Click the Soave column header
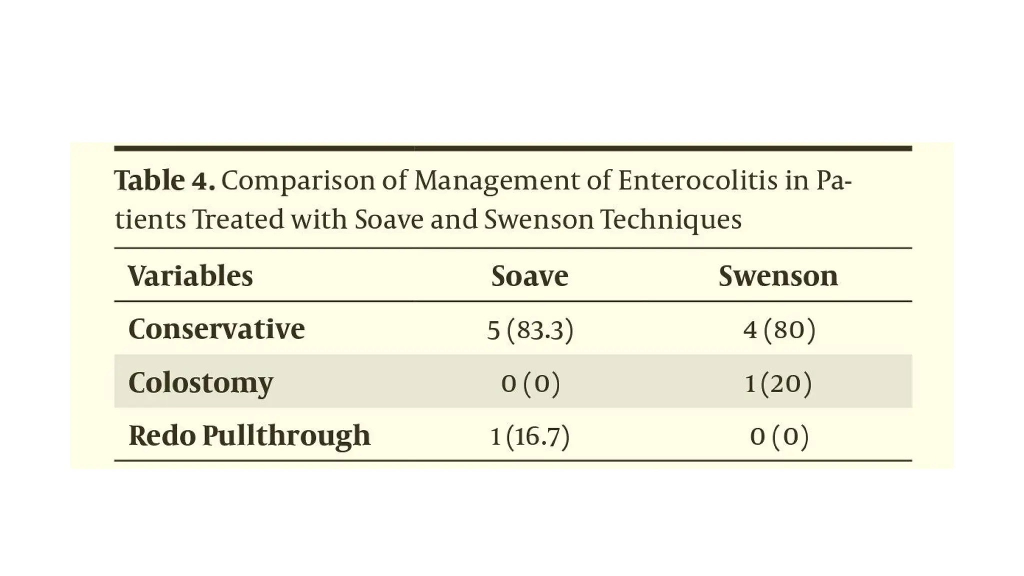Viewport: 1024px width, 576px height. (x=529, y=276)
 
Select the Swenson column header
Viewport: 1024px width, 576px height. (x=778, y=276)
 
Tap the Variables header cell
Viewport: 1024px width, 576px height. (x=190, y=276)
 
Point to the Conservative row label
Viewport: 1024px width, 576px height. (x=216, y=329)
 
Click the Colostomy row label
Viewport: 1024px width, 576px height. (x=200, y=382)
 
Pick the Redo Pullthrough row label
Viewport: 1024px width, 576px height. (x=249, y=435)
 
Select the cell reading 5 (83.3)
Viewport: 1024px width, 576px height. (x=530, y=330)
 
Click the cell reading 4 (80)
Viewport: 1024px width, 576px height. (x=779, y=330)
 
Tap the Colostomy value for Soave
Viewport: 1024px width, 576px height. (x=530, y=383)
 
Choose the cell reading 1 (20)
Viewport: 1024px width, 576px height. (x=778, y=383)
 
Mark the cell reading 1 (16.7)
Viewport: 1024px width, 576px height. (x=530, y=436)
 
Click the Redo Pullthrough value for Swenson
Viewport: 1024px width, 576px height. (x=779, y=436)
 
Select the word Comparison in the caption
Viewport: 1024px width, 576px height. (x=298, y=181)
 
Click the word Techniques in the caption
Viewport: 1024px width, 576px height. (x=670, y=219)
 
